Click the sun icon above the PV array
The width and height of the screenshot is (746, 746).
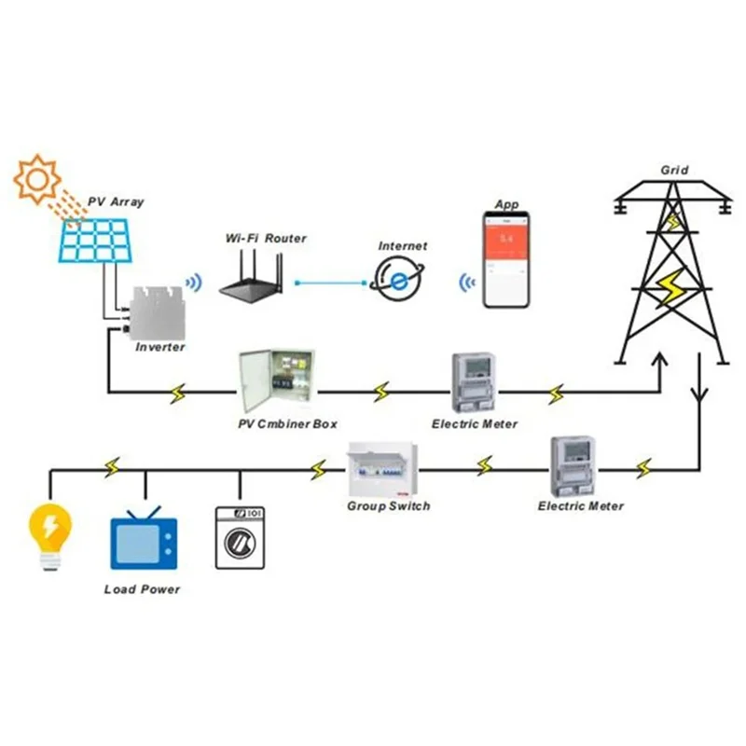[x=37, y=180]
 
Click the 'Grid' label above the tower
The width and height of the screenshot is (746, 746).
[x=674, y=170]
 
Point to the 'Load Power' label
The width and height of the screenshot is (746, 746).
[x=142, y=589]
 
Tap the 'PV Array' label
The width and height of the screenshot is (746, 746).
[x=116, y=201]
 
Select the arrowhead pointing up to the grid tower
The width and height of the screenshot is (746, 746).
[x=661, y=360]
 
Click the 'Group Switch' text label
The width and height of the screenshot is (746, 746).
[x=388, y=506]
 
